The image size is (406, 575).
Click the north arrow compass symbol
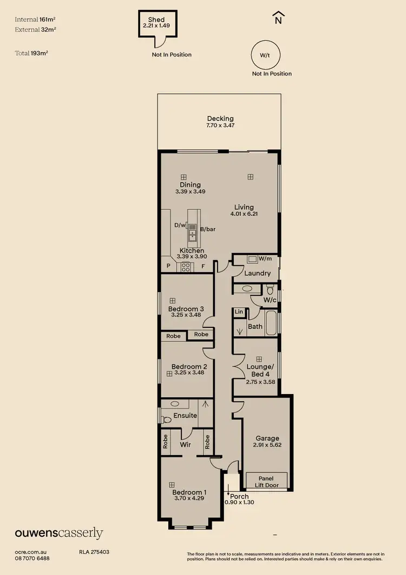(278, 18)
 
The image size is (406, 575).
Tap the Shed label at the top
(156, 20)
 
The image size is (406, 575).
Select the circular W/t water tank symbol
(265, 55)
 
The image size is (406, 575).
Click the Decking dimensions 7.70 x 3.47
(220, 126)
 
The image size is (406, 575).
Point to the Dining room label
(190, 185)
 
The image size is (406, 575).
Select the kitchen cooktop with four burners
(186, 267)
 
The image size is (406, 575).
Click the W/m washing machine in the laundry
(253, 260)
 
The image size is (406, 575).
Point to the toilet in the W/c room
(271, 289)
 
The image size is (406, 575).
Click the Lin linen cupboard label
(239, 312)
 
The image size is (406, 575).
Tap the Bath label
(255, 326)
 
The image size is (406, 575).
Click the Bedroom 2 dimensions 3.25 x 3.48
(189, 373)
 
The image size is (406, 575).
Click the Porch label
(240, 496)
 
